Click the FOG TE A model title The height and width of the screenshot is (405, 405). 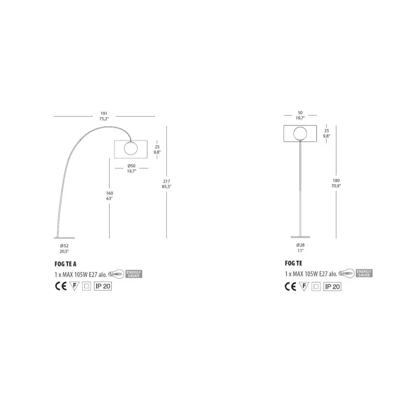pyautogui.click(x=65, y=264)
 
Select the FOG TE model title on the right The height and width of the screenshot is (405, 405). pyautogui.click(x=293, y=263)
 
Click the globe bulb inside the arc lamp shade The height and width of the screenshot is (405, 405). pyautogui.click(x=131, y=148)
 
